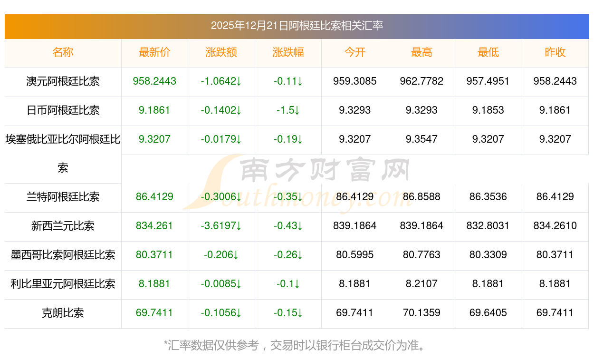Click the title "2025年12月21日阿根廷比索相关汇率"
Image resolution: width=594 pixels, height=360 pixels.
point(297,26)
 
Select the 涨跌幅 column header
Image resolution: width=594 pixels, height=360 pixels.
point(288,52)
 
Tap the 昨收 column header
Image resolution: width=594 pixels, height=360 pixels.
point(555,52)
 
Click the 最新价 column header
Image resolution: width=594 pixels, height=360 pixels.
point(154,52)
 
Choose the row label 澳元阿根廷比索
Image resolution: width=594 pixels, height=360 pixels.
point(63,81)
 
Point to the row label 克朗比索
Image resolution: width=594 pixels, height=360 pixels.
point(63,313)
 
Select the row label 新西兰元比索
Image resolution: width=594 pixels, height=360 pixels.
point(63,226)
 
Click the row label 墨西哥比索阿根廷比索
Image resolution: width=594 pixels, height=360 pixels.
point(63,255)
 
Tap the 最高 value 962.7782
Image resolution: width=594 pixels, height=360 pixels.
point(422,81)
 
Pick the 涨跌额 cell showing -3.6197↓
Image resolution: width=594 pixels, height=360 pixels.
point(221,226)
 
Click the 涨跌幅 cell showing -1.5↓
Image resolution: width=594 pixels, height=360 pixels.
point(288,110)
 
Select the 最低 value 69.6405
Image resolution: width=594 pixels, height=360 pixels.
point(488,313)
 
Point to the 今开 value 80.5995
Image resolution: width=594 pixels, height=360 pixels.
point(354,255)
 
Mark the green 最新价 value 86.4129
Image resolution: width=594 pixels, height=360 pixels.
point(154,197)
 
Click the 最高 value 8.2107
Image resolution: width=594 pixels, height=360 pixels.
point(422,284)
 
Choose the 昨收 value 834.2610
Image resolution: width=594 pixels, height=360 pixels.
point(555,226)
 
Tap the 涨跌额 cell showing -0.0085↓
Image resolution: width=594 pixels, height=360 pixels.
point(221,284)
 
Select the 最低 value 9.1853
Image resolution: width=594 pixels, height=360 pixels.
point(488,110)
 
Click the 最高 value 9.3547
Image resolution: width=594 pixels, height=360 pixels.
point(422,139)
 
